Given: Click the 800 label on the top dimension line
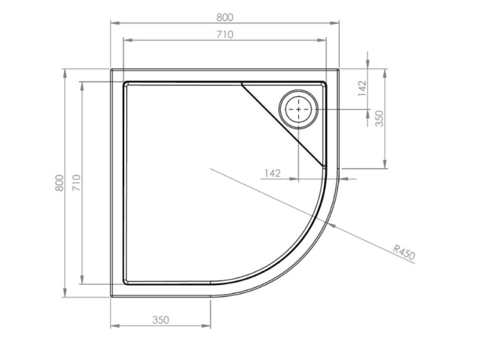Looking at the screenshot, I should [225, 17].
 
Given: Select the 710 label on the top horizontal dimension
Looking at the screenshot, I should [225, 34].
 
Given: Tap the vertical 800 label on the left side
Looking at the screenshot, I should [59, 183].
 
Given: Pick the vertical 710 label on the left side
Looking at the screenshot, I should [76, 183].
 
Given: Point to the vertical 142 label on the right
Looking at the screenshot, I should [362, 88].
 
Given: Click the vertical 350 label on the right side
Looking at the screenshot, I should [379, 119].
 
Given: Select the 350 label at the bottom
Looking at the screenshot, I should [161, 320].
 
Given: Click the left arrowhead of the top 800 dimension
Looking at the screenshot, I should [113, 24].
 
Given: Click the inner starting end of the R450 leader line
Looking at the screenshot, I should [211, 169].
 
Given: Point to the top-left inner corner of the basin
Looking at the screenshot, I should [125, 83].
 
